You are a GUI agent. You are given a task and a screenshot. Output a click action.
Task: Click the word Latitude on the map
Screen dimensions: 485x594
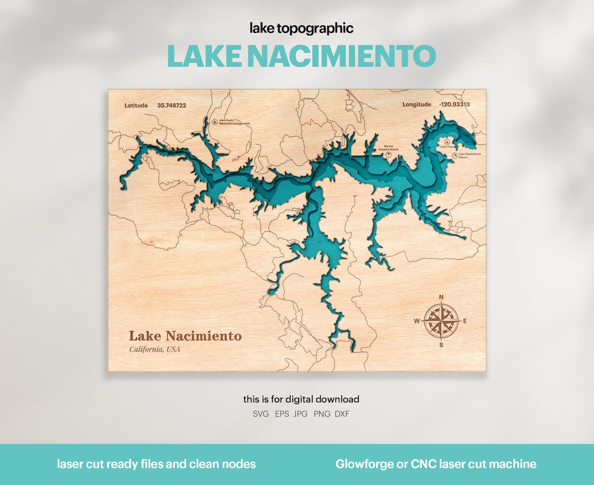coord(136,105)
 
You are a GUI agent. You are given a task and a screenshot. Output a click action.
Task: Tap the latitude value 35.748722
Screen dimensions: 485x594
coord(171,105)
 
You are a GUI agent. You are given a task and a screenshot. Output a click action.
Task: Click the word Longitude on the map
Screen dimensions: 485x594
coord(416,104)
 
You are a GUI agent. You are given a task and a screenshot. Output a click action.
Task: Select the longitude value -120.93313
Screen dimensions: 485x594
coord(454,104)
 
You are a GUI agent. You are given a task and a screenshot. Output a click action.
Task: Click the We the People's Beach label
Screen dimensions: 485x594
coord(388,148)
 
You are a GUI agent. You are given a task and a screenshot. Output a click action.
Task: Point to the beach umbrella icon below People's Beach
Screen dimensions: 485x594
coord(389,155)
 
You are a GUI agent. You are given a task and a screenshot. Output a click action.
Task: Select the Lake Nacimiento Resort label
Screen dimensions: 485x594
coord(469,155)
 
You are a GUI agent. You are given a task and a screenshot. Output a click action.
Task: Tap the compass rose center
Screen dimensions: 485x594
coord(441,321)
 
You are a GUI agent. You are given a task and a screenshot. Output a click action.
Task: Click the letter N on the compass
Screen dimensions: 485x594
coord(441,298)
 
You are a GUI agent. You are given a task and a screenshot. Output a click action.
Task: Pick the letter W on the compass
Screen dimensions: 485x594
coord(417,321)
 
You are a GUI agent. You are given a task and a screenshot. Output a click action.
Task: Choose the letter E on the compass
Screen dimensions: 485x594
coord(465,321)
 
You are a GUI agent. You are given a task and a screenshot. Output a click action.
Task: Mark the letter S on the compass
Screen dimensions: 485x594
coord(441,345)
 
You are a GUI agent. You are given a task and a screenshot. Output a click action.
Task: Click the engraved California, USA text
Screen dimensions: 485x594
coord(155,350)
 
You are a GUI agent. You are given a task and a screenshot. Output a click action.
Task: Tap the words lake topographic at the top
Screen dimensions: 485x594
coord(301,28)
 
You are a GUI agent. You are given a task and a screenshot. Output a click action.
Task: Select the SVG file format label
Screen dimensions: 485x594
coord(261,414)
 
